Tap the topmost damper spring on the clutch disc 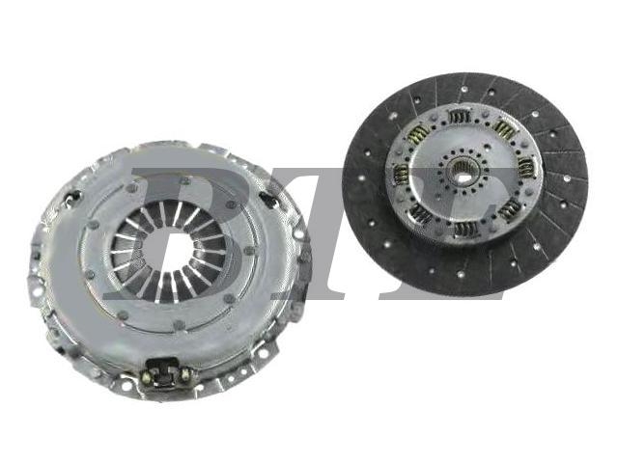click(460, 118)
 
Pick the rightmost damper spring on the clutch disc click(525, 167)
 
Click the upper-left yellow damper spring click(419, 135)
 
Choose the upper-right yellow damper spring click(505, 129)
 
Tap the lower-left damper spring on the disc click(421, 213)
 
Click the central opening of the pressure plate click(170, 252)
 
